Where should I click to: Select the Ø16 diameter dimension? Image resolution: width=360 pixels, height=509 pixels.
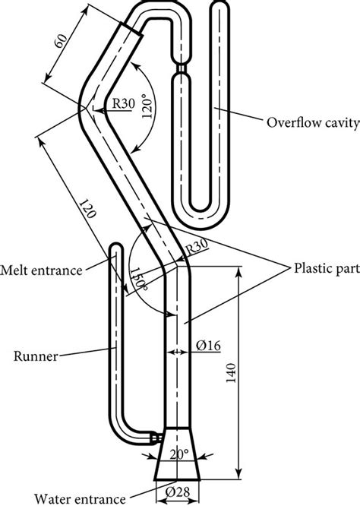click(207, 346)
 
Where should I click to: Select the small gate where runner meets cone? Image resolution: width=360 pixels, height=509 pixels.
click(156, 439)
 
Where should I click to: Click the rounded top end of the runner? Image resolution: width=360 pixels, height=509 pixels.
click(116, 247)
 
